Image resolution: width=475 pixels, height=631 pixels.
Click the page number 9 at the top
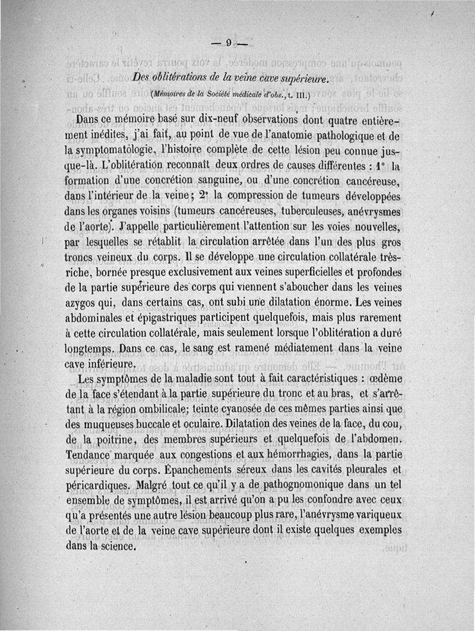(x=229, y=42)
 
